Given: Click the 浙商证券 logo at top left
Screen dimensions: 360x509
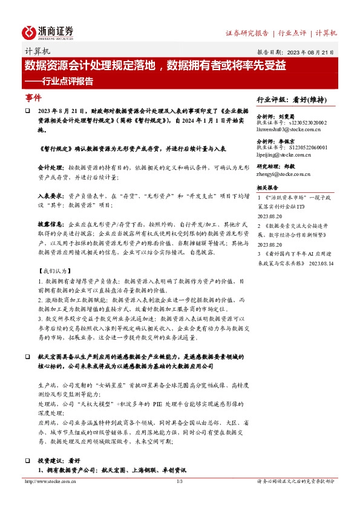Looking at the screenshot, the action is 48,32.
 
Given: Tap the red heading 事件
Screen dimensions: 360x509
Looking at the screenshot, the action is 33,97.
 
